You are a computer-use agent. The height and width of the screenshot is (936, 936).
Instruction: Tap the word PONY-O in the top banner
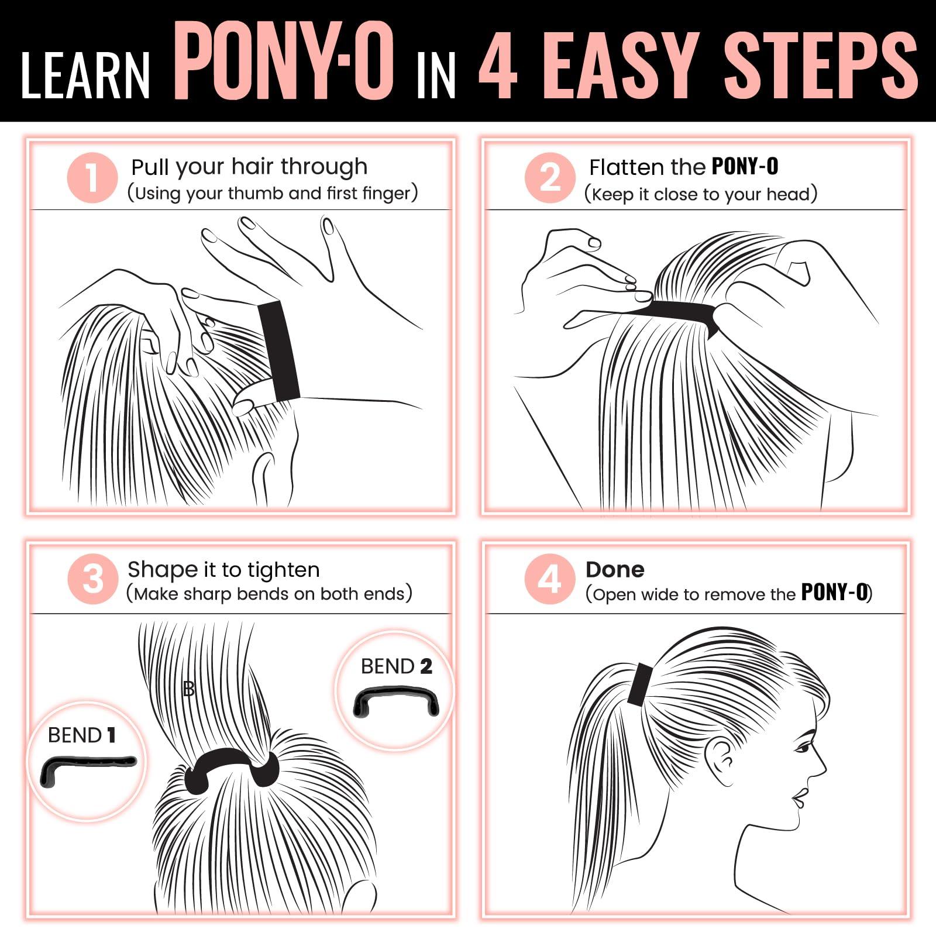[x=284, y=61]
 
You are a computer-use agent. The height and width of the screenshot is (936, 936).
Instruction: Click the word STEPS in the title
[x=821, y=64]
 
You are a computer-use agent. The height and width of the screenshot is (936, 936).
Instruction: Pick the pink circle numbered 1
[x=92, y=178]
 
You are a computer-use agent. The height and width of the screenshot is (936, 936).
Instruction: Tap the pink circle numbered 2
[x=550, y=178]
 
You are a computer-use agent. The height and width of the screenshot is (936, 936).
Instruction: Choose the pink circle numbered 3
[x=92, y=579]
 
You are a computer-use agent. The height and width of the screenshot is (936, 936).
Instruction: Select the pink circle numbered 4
[x=550, y=579]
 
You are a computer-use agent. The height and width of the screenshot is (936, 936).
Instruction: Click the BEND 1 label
[x=81, y=735]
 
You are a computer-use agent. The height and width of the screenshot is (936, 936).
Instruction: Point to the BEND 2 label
[x=396, y=666]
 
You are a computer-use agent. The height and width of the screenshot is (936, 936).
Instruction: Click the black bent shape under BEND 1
[x=88, y=766]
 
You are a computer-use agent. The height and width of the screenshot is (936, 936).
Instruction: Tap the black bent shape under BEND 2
[x=396, y=699]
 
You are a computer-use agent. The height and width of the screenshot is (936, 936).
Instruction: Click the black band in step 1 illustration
[x=279, y=351]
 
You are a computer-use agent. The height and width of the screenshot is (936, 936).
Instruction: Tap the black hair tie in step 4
[x=640, y=683]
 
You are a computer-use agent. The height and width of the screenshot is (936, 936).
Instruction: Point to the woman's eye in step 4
[x=803, y=747]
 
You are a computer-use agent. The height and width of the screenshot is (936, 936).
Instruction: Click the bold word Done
[x=615, y=570]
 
